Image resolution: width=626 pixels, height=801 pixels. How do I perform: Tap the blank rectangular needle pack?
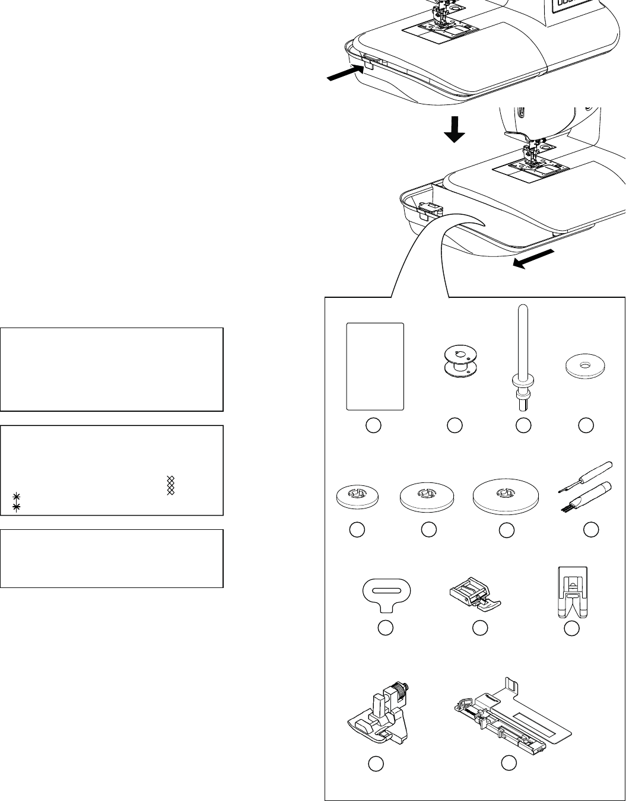tap(375, 366)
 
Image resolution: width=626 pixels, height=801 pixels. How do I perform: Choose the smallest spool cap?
tap(357, 495)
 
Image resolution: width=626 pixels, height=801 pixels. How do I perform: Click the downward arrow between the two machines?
tap(455, 129)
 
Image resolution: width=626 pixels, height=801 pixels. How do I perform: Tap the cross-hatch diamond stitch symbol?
tap(171, 485)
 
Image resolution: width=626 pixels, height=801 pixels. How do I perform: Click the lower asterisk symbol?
tap(17, 507)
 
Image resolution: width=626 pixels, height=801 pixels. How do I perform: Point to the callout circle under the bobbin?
tap(455, 425)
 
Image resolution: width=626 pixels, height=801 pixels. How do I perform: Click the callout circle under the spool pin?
tap(523, 425)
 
